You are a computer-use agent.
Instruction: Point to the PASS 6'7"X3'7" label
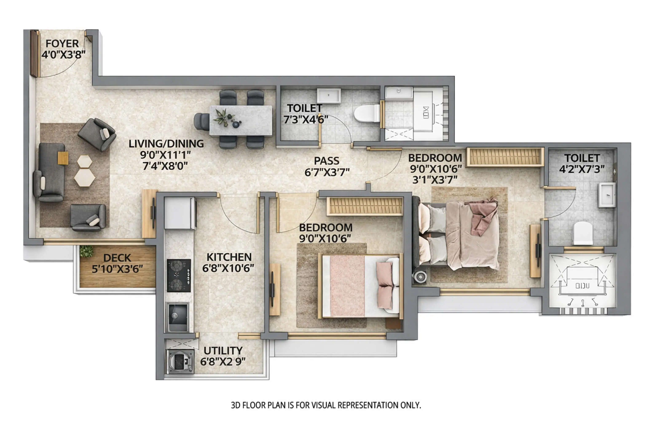[327, 166]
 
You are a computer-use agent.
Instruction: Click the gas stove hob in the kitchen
[179, 275]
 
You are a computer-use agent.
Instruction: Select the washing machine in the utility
[180, 361]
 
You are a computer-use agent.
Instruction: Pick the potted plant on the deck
[86, 251]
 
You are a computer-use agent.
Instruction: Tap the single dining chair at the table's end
[202, 121]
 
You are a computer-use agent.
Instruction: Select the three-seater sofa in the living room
[49, 172]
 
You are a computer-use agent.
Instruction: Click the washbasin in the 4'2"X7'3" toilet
[606, 195]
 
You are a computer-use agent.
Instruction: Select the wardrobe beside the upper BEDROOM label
[505, 157]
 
